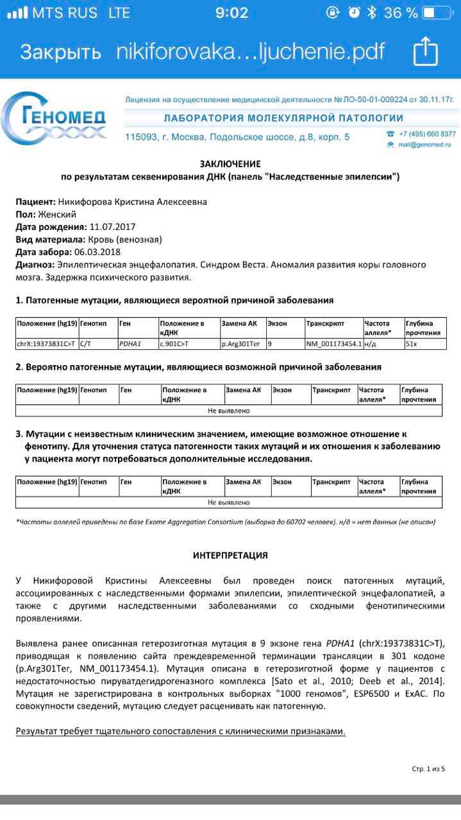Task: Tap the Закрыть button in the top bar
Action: coord(60,51)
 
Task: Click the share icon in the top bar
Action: coord(425,51)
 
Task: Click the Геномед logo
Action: coord(54,119)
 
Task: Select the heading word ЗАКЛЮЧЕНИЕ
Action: coord(230,164)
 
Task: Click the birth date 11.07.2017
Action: coord(112,227)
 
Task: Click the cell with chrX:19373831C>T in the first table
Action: coord(46,344)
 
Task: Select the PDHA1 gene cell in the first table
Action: coord(129,344)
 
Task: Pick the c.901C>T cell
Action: coord(174,344)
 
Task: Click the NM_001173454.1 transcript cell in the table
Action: coord(333,344)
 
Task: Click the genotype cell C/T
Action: coord(86,344)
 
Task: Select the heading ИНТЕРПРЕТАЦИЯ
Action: coord(230,555)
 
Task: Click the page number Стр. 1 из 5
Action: coord(428,769)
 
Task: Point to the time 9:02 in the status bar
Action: coord(231,13)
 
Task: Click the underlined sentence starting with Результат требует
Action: coord(180,731)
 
